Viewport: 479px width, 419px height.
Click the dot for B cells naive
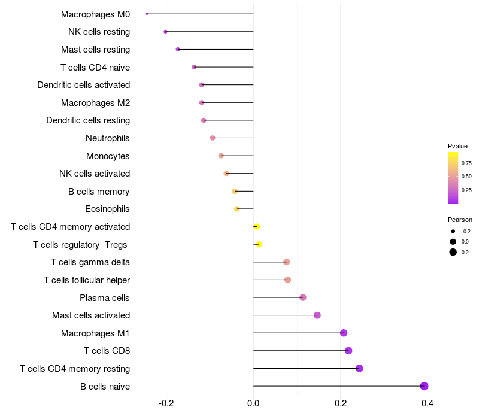(424, 386)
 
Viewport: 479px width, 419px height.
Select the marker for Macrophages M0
(147, 14)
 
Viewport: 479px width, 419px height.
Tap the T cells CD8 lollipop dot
(348, 351)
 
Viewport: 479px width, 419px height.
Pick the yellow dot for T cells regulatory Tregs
(259, 244)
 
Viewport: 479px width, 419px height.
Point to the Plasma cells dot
(303, 297)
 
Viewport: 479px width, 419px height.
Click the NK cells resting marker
(165, 32)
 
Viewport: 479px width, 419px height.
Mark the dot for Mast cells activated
(317, 315)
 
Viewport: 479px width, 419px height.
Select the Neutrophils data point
(213, 138)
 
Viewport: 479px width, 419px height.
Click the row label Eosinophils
(108, 209)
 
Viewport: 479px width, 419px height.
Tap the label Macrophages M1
(95, 333)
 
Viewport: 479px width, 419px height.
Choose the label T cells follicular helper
(87, 280)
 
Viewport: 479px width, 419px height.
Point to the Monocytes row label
(108, 156)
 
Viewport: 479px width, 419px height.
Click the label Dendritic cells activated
(83, 85)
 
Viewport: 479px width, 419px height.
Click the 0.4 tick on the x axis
(428, 404)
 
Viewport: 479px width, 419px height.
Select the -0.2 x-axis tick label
(166, 404)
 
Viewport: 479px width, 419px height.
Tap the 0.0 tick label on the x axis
(253, 404)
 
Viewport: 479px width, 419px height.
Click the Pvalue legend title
(457, 146)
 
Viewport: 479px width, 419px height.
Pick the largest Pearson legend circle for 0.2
(453, 252)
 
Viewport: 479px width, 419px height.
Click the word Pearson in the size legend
(460, 220)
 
